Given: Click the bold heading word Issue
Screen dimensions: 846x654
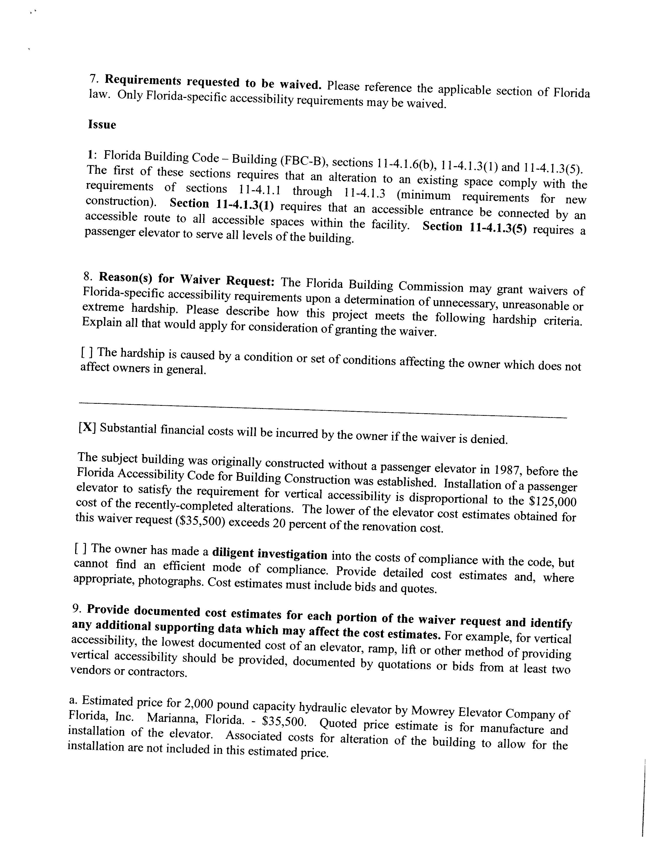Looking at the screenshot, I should click(102, 125).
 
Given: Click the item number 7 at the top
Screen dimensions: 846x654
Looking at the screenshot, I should click(92, 78).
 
